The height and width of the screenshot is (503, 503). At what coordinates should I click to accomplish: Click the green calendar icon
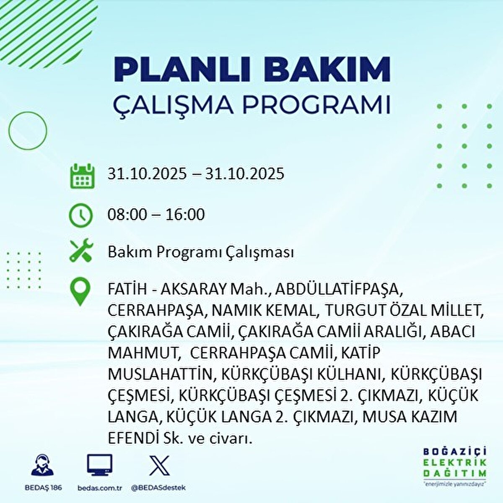pyautogui.click(x=83, y=176)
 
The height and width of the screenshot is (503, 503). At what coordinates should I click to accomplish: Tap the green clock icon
pyautogui.click(x=80, y=215)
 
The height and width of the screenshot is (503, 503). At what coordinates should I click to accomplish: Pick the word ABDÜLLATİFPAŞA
pyautogui.click(x=337, y=290)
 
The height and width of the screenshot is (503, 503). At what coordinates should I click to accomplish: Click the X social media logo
pyautogui.click(x=159, y=465)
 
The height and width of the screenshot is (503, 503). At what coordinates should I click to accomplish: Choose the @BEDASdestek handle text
pyautogui.click(x=159, y=487)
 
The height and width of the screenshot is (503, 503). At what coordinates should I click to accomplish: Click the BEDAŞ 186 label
pyautogui.click(x=43, y=487)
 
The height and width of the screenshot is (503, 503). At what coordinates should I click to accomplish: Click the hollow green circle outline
pyautogui.click(x=28, y=111)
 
